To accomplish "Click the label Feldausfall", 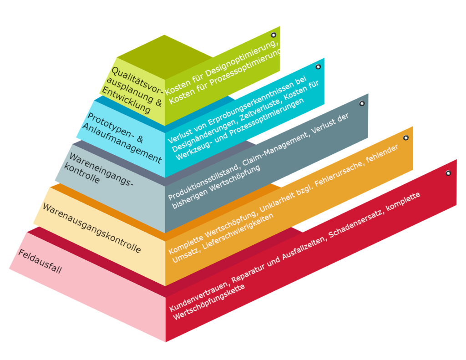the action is (x=40, y=261).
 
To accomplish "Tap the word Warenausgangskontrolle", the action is (x=92, y=228).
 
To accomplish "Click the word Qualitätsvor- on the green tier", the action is (x=137, y=80).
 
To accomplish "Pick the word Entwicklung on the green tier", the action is (x=127, y=100).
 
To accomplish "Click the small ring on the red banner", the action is (x=448, y=173).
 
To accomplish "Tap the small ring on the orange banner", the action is (x=405, y=137).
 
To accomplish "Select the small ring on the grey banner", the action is (x=362, y=103).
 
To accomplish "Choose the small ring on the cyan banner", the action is (x=318, y=66).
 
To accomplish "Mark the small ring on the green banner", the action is (x=274, y=35).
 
